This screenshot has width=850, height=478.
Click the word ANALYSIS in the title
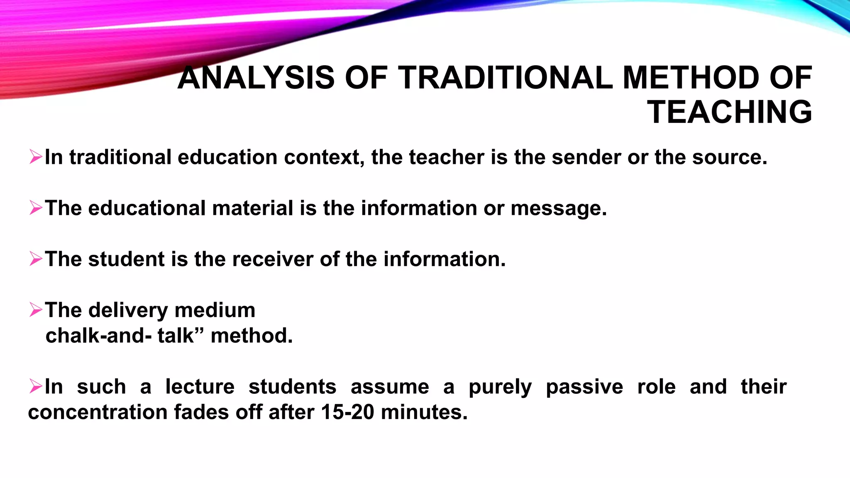pos(256,78)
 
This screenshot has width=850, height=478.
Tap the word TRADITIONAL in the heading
pos(505,78)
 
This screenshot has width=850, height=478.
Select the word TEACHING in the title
pos(729,112)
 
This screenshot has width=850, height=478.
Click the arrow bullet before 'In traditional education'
pos(36,157)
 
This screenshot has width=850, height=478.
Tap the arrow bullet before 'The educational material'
pos(36,208)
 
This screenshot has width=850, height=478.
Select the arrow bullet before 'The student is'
pos(36,259)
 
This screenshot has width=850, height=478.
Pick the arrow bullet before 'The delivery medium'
pos(36,310)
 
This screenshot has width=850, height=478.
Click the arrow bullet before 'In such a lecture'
pos(36,386)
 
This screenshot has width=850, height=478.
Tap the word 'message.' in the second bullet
pos(559,208)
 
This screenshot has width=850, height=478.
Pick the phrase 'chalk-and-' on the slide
pos(98,336)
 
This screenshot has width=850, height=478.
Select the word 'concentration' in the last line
pos(98,412)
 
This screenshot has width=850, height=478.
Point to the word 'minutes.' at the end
pos(424,412)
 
